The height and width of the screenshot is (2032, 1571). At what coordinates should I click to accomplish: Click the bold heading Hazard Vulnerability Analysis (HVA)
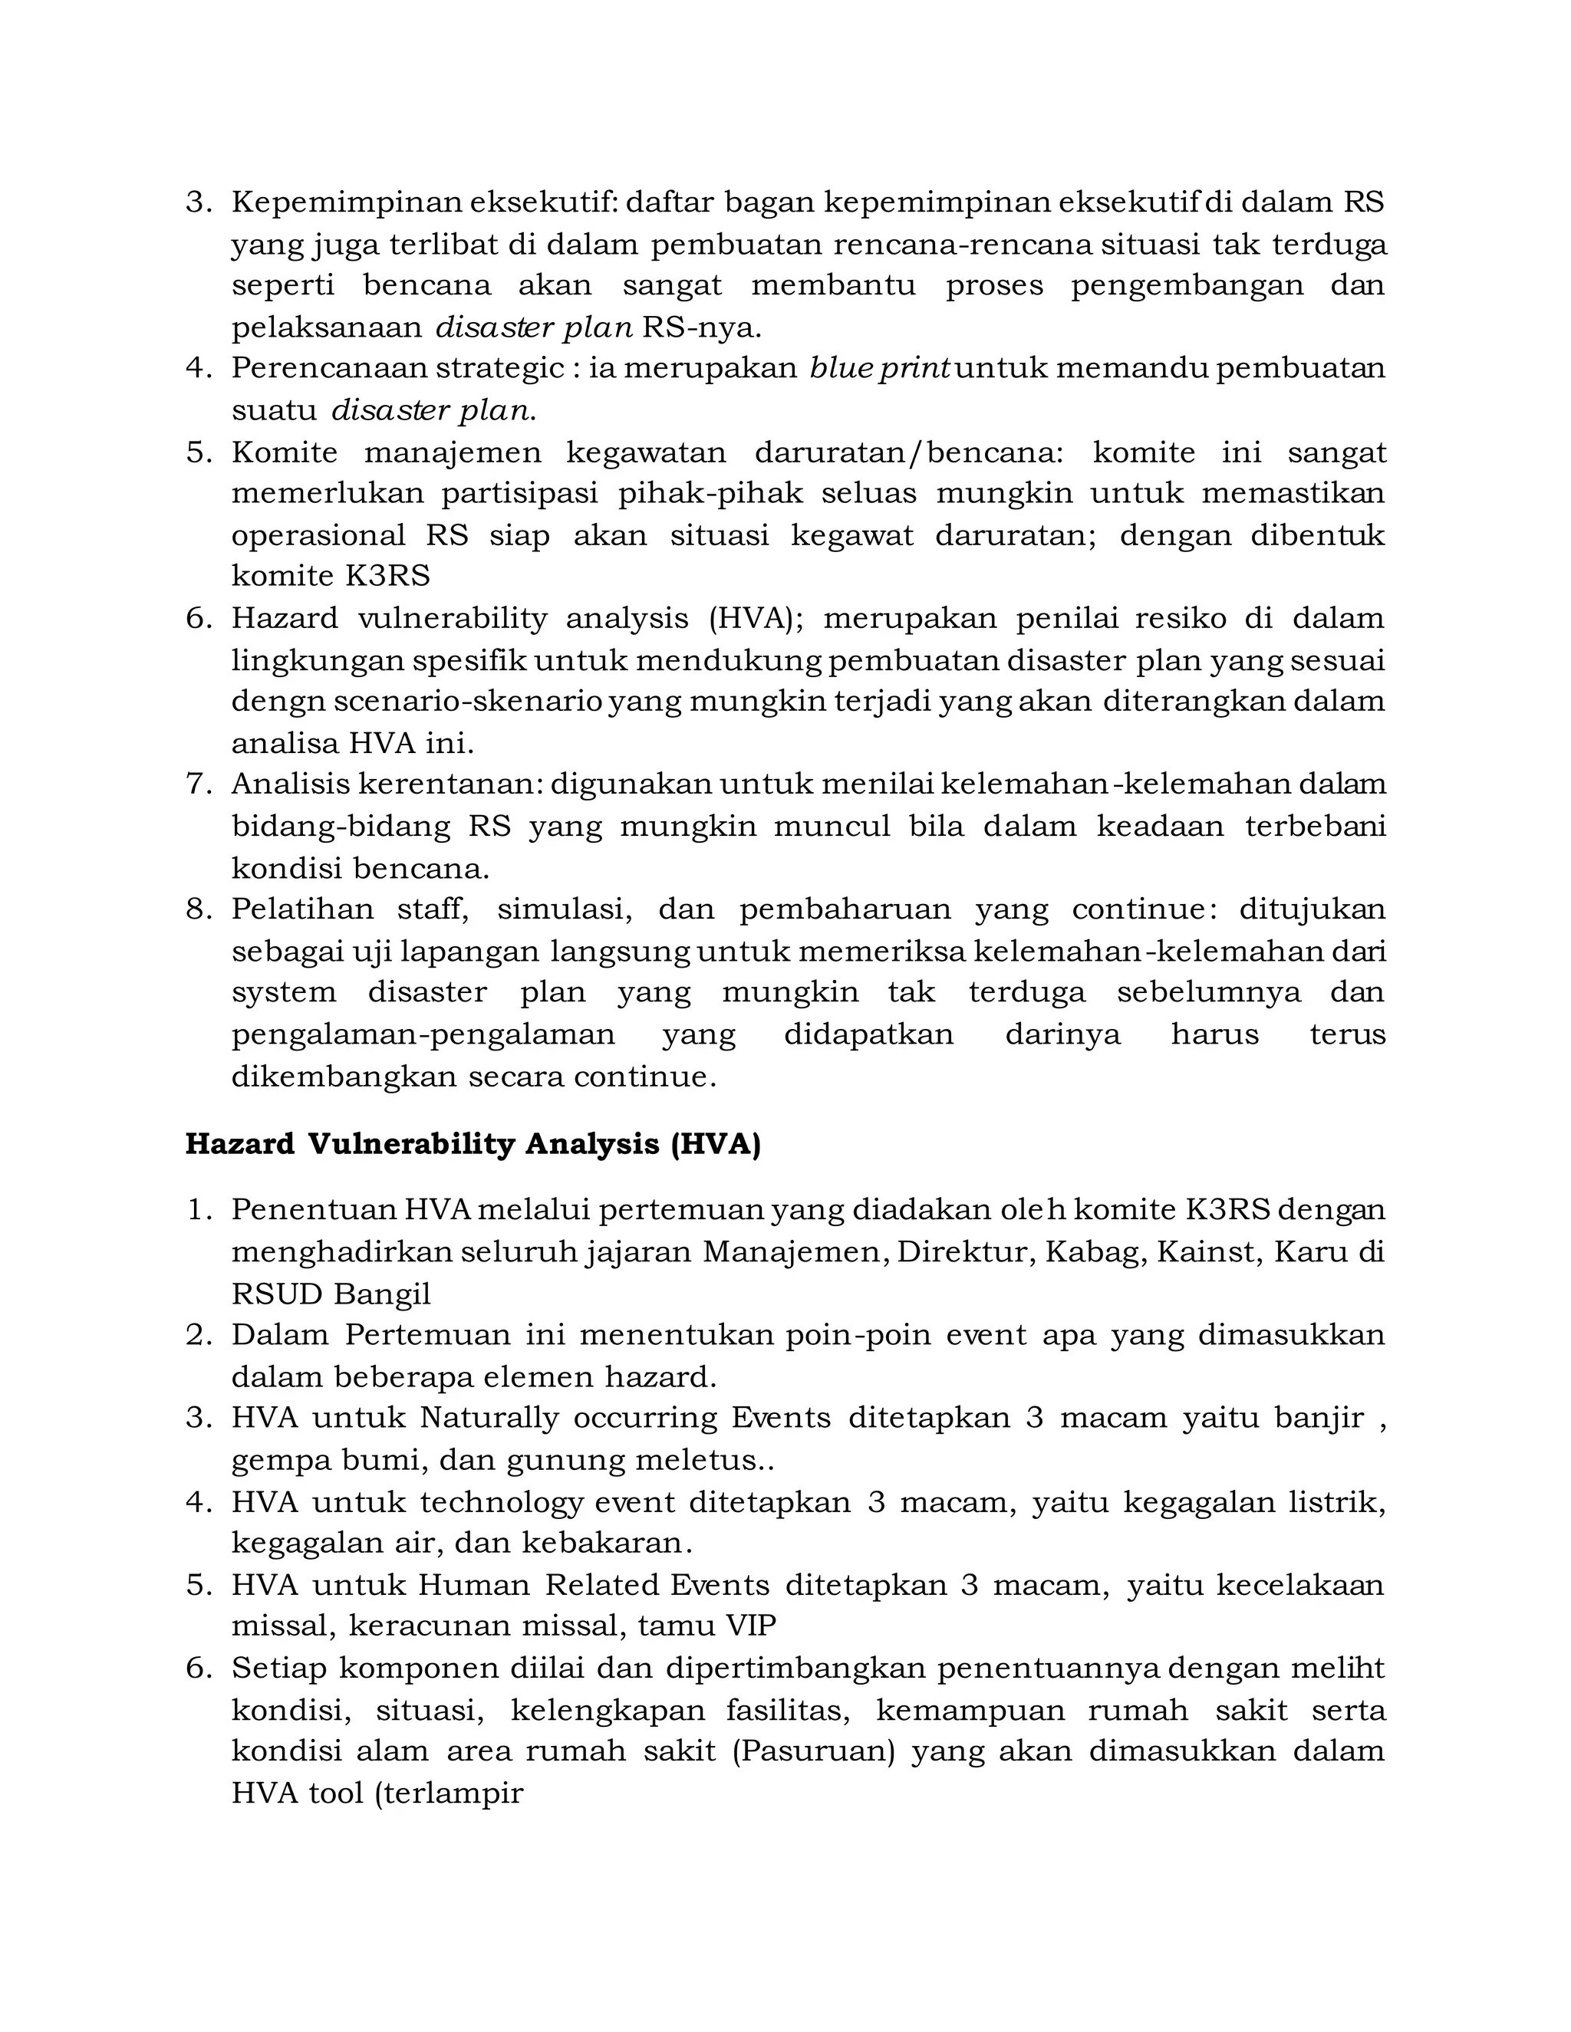pyautogui.click(x=473, y=1143)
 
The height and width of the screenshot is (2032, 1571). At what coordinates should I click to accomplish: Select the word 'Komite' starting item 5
pyautogui.click(x=284, y=452)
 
